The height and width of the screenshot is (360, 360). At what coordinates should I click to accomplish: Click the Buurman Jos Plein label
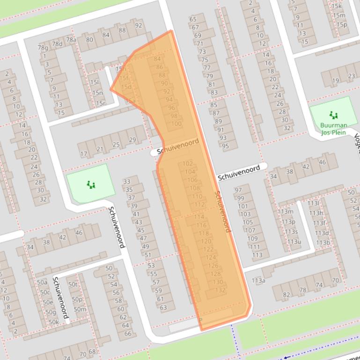pyautogui.click(x=334, y=129)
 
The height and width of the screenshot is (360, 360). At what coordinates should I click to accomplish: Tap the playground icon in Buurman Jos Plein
pyautogui.click(x=333, y=115)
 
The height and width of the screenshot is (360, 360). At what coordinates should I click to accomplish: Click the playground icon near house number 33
pyautogui.click(x=91, y=185)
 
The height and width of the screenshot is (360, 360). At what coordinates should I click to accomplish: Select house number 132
pyautogui.click(x=220, y=290)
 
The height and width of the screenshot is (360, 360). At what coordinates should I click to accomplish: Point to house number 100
pyautogui.click(x=176, y=124)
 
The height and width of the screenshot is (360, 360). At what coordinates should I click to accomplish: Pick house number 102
pyautogui.click(x=188, y=164)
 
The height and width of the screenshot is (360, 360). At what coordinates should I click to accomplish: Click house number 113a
pyautogui.click(x=258, y=281)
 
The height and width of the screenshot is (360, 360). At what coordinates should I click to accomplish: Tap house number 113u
pyautogui.click(x=294, y=242)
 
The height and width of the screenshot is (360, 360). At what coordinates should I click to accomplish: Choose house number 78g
pyautogui.click(x=43, y=48)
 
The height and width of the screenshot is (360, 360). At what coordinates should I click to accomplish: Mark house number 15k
pyautogui.click(x=337, y=6)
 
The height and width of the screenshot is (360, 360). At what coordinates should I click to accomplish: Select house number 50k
pyautogui.click(x=54, y=322)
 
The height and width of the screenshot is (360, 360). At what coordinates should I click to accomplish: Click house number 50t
pyautogui.click(x=73, y=284)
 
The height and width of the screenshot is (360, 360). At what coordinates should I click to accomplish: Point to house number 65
pyautogui.click(x=193, y=19)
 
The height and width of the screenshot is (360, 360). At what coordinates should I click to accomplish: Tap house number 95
pyautogui.click(x=226, y=146)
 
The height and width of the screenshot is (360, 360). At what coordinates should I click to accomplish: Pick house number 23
pyautogui.click(x=352, y=76)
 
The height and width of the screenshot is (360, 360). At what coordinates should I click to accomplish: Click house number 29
pyautogui.click(x=132, y=140)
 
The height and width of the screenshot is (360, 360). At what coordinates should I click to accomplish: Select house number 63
pyautogui.click(x=163, y=307)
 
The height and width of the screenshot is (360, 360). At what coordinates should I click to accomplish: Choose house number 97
pyautogui.click(x=238, y=190)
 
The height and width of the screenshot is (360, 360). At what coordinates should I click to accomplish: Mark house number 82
pyautogui.click(x=287, y=295)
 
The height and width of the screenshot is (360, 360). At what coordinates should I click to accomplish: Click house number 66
pyautogui.click(x=127, y=333)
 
